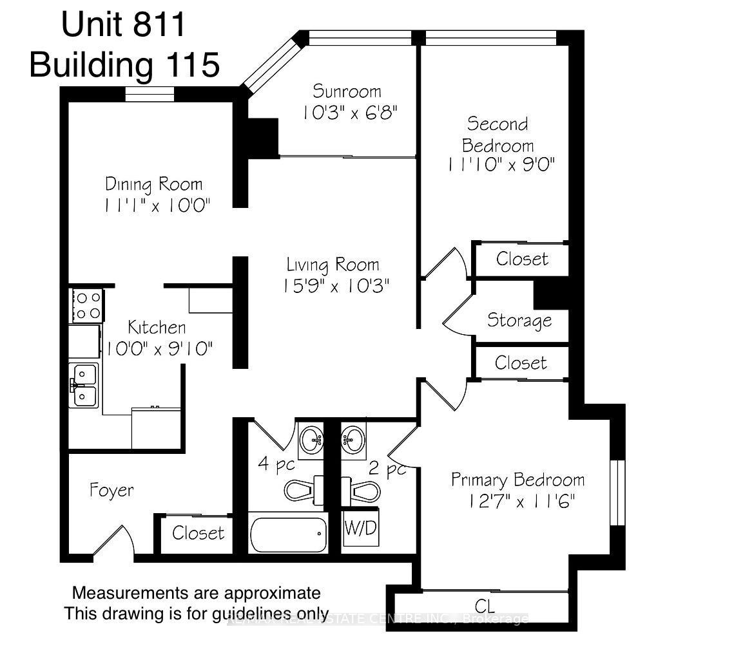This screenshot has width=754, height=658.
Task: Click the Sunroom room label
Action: click(347, 91)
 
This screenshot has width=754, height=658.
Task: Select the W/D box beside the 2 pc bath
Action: click(361, 529)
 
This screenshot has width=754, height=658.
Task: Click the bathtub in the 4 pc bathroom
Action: click(288, 534)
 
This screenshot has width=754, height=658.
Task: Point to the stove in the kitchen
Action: click(87, 306)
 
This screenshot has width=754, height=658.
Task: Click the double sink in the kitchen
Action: click(84, 385)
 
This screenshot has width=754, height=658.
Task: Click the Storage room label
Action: click(519, 320)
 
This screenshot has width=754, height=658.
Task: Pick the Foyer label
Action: click(111, 490)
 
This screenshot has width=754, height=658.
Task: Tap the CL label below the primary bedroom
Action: click(484, 606)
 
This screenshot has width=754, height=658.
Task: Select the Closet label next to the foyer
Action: click(198, 533)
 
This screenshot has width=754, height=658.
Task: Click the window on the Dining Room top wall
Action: click(149, 94)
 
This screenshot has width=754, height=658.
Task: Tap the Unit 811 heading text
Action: click(124, 26)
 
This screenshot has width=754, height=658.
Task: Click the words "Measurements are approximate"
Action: click(196, 592)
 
